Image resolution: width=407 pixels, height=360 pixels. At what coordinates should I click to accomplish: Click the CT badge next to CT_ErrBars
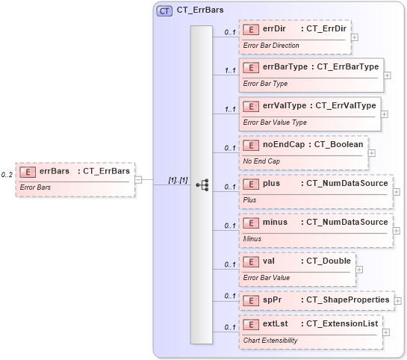pyautogui.click(x=164, y=11)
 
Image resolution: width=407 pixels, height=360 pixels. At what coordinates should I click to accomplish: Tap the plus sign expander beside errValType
pyautogui.click(x=384, y=114)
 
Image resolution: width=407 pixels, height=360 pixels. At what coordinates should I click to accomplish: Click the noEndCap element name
pyautogui.click(x=282, y=144)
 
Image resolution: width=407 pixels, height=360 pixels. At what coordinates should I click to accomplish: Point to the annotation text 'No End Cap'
pyautogui.click(x=262, y=161)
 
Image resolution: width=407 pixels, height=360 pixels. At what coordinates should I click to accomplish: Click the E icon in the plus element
pyautogui.click(x=252, y=183)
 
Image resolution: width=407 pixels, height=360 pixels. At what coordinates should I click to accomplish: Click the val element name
pyautogui.click(x=270, y=261)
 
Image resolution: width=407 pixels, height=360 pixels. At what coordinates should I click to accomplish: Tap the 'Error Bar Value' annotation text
pyautogui.click(x=267, y=277)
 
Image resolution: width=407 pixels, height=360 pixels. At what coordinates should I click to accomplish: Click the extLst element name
pyautogui.click(x=276, y=323)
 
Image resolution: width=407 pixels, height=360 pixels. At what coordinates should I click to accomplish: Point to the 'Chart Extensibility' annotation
pyautogui.click(x=271, y=340)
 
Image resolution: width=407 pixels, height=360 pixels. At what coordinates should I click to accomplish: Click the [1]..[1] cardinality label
pyautogui.click(x=177, y=180)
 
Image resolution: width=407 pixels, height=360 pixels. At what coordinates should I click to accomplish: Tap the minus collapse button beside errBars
pyautogui.click(x=139, y=179)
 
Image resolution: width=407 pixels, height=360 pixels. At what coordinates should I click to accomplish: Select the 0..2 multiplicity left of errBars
pyautogui.click(x=7, y=174)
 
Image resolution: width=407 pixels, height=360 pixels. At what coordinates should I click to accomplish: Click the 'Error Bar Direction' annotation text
pyautogui.click(x=271, y=46)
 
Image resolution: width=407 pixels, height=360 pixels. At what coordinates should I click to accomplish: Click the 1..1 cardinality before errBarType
pyautogui.click(x=230, y=71)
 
